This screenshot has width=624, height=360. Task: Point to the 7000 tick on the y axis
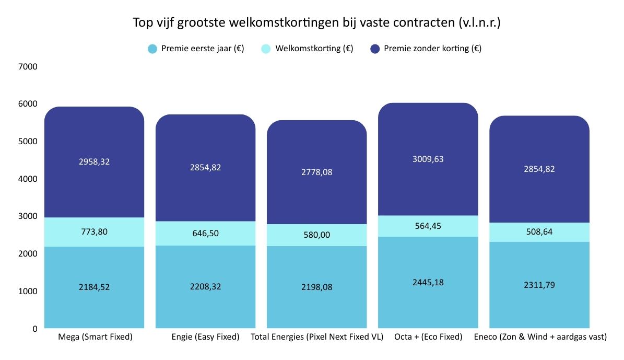point(28,67)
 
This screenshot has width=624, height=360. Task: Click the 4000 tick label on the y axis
point(28,179)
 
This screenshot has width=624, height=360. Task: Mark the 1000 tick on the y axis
point(28,292)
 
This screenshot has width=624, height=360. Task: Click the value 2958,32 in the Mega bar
point(94,162)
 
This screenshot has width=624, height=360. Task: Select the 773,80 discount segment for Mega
point(94,232)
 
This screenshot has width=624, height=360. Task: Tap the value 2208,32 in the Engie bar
point(205,287)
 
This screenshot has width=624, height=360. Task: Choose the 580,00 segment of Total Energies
point(316,235)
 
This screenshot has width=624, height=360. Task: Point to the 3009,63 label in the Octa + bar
point(428,159)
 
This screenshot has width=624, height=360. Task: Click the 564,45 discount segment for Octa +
point(428,226)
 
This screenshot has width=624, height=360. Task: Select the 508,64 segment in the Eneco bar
point(539,233)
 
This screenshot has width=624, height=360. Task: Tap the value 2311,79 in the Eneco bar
point(539,285)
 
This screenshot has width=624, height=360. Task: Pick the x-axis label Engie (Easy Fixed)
point(205,337)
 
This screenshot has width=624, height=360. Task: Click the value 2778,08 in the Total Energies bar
point(316,172)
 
